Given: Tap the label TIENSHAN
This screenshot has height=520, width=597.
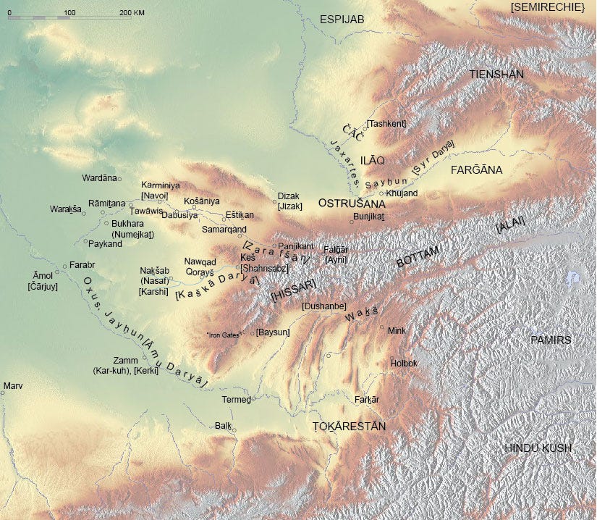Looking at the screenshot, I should (x=496, y=75).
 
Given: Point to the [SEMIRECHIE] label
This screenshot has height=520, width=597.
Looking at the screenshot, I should (x=547, y=7).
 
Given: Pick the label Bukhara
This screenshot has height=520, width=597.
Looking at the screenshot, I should (x=127, y=224).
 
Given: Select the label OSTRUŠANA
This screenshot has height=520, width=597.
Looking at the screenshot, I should (x=352, y=204).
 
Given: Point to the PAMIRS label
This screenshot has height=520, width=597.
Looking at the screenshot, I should (x=551, y=340).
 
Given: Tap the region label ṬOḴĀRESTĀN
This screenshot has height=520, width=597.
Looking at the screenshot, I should (x=348, y=427).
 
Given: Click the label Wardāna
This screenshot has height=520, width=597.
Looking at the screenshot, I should (x=99, y=177).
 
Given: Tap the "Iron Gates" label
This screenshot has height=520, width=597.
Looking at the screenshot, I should (x=224, y=335).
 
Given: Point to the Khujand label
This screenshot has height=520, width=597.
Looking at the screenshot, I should (x=402, y=193).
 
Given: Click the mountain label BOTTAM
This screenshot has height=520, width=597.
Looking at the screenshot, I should (x=418, y=257).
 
